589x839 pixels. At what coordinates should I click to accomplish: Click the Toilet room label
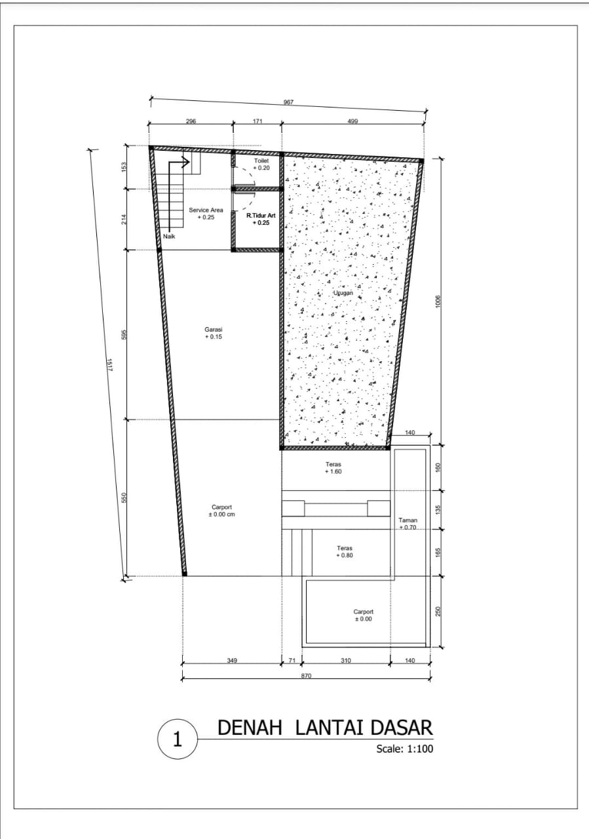[x=261, y=164]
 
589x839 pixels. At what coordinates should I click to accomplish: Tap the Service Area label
[x=206, y=214]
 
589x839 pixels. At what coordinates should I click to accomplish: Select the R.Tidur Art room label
[x=261, y=219]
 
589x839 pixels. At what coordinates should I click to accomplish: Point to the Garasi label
[x=214, y=333]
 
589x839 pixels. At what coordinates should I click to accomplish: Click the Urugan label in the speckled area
[x=343, y=293]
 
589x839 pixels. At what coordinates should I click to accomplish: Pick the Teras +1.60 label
[x=333, y=468]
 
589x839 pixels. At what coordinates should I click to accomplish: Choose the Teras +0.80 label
[x=345, y=552]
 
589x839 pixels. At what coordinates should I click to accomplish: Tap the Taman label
[x=408, y=524]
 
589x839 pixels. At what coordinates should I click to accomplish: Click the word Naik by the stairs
[x=169, y=237]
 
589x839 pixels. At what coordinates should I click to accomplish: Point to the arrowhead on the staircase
[x=185, y=162]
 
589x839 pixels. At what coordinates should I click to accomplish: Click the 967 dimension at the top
[x=288, y=102]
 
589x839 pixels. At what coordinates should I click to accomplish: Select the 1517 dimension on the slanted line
[x=110, y=365]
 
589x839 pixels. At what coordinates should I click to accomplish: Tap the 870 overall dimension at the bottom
[x=306, y=676]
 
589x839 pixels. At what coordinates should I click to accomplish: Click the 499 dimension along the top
[x=352, y=121]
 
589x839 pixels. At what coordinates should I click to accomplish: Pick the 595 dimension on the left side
[x=124, y=334]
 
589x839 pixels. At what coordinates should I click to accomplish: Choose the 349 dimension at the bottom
[x=232, y=660]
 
